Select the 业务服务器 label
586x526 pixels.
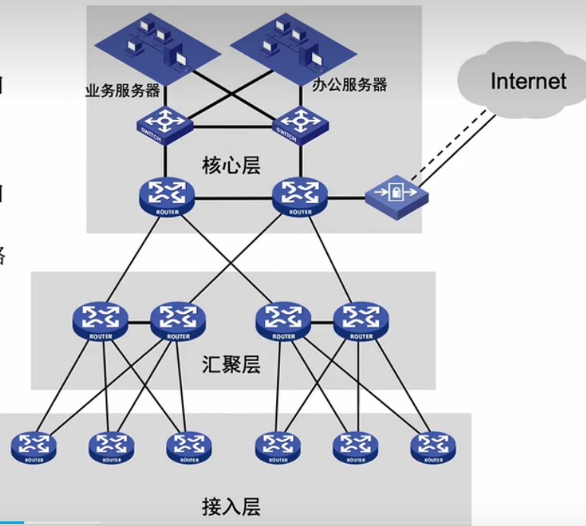pos(122,90)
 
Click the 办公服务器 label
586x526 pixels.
pos(349,84)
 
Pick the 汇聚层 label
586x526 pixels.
pos(231,365)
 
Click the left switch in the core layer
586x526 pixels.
pos(165,122)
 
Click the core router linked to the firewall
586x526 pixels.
pos(299,196)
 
